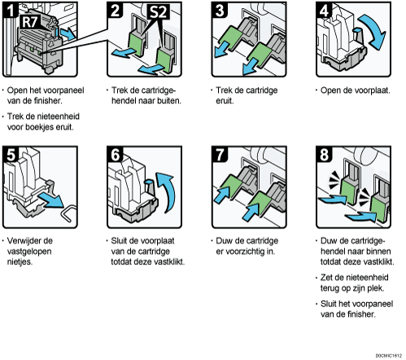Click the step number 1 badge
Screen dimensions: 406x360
click(11, 10)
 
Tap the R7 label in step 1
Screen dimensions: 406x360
click(30, 22)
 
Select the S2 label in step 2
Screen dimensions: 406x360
click(159, 12)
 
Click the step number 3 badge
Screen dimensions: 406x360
click(220, 10)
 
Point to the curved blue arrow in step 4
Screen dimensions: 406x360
click(376, 31)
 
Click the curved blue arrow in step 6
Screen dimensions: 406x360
click(168, 191)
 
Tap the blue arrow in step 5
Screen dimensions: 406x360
click(51, 200)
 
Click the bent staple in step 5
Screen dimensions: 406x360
click(68, 213)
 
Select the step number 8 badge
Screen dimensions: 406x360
click(324, 155)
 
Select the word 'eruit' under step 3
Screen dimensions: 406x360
click(225, 101)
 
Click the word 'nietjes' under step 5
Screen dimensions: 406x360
click(20, 262)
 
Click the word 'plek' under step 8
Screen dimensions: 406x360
click(375, 288)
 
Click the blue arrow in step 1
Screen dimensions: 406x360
click(68, 33)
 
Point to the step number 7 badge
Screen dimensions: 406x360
click(220, 155)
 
